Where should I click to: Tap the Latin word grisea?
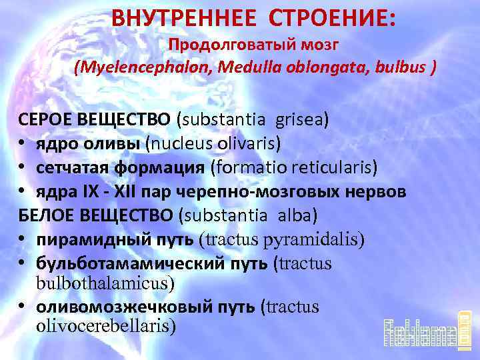(x=299, y=120)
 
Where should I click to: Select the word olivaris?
(x=247, y=143)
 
